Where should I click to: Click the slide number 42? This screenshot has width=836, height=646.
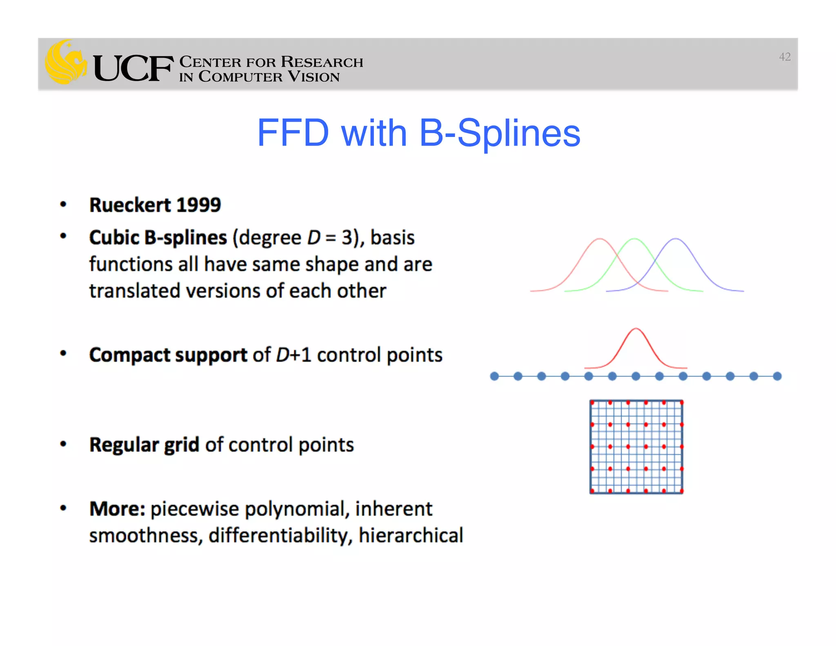tap(784, 57)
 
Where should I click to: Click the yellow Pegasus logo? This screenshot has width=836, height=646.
tap(65, 62)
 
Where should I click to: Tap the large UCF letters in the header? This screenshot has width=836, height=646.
tap(133, 68)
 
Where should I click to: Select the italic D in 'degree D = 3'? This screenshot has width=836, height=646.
tap(313, 238)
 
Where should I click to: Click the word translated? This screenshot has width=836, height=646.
tap(135, 291)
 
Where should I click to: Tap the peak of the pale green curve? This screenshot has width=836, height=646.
tap(634, 239)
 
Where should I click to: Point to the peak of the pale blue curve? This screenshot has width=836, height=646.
tap(676, 239)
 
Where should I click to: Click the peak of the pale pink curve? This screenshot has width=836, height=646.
tap(599, 239)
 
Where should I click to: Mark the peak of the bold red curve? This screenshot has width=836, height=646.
tap(636, 329)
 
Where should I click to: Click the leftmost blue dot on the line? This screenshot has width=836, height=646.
tap(494, 376)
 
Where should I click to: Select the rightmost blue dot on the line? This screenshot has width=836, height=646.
tap(777, 376)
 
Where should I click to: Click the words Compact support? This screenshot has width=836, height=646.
tap(168, 355)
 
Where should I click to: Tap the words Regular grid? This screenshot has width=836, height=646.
tap(144, 445)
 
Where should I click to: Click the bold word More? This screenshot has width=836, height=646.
tap(117, 509)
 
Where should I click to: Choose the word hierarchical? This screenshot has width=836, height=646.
tap(411, 535)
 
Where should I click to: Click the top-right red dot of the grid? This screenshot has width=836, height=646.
tap(682, 403)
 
